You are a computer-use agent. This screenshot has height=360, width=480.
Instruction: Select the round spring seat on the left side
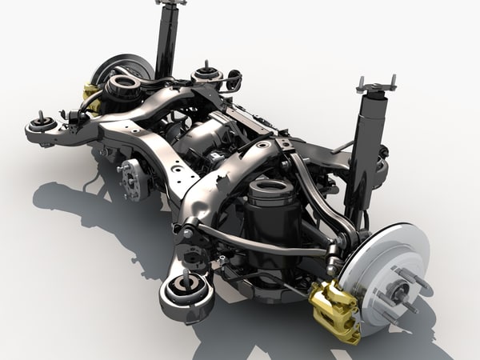[x=123, y=82]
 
